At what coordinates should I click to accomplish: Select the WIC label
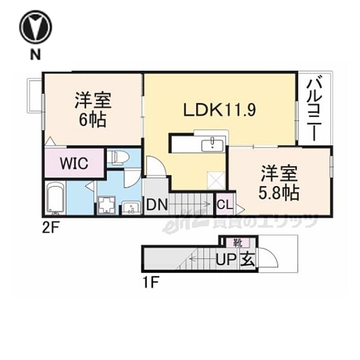(x=74, y=163)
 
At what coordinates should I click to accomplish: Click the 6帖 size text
(x=93, y=121)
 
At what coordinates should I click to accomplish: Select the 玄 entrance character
(x=247, y=260)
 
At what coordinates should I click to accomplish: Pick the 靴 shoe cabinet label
(x=238, y=242)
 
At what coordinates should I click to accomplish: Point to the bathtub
(x=55, y=198)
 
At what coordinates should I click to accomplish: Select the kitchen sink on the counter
(x=210, y=145)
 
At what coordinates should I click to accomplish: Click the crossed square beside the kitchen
(x=214, y=179)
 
